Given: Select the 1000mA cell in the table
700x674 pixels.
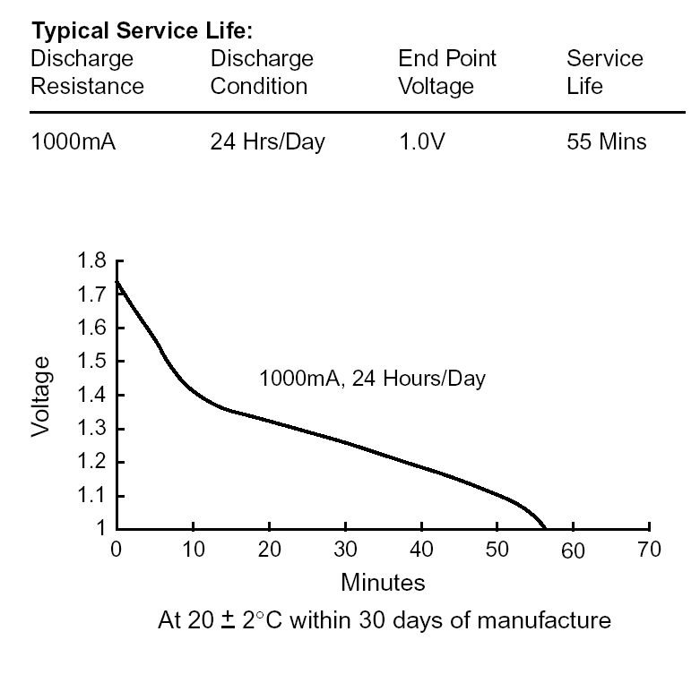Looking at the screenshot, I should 73,141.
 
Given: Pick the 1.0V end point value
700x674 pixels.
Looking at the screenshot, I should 421,141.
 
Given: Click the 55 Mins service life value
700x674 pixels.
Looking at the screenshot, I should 606,141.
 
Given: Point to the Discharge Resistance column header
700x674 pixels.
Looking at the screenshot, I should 87,73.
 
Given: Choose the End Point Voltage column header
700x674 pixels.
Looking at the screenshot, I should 447,73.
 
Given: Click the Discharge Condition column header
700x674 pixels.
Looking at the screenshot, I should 262,73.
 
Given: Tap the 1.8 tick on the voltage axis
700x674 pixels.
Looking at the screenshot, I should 91,261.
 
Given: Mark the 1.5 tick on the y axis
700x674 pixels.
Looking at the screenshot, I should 91,362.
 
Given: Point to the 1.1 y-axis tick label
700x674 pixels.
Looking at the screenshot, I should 91,495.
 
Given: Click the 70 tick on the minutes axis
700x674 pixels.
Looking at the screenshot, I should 648,550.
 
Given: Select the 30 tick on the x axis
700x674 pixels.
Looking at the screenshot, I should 344,550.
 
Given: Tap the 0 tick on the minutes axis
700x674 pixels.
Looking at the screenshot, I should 116,550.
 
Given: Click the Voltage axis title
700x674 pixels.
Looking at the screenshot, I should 41,395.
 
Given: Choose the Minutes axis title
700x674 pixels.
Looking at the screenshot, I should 383,583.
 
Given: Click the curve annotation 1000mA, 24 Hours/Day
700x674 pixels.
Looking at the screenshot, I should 372,379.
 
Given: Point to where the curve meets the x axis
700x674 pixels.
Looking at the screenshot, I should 545,528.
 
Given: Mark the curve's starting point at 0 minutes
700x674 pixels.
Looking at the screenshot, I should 117,281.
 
